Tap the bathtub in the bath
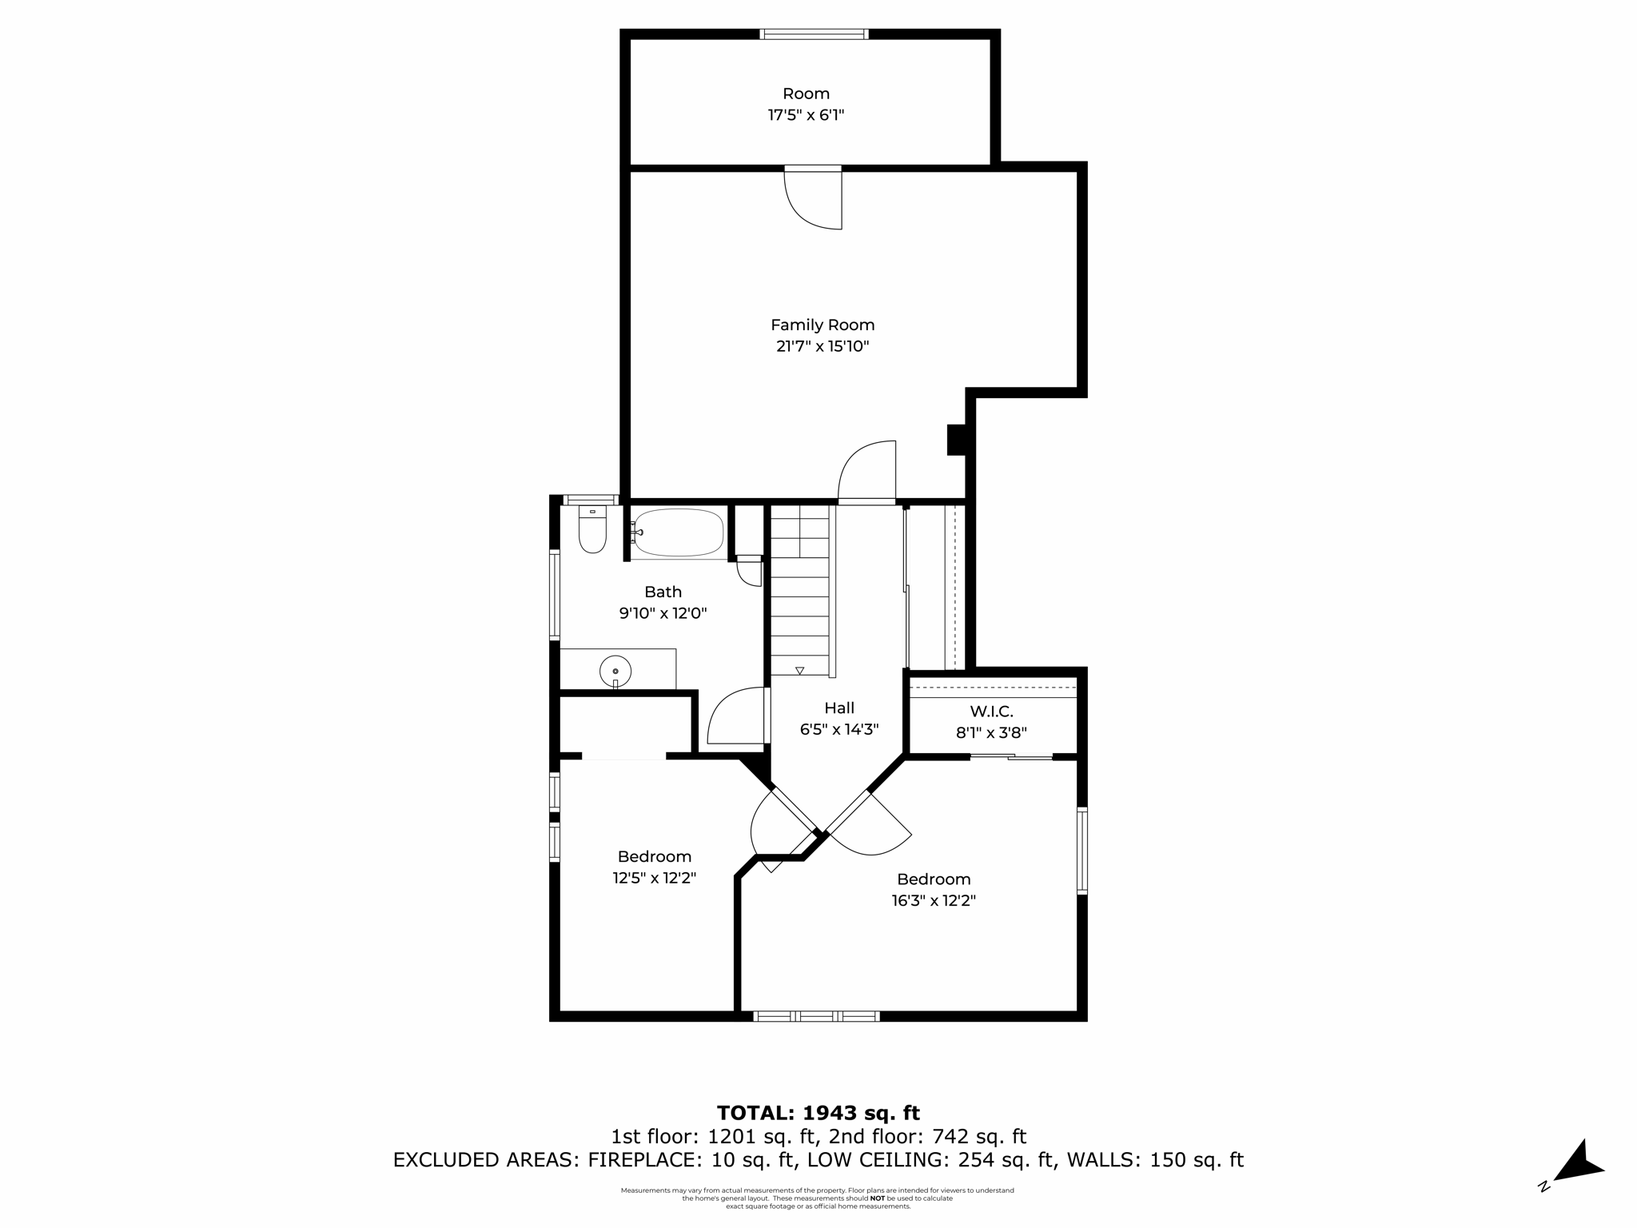point(679,532)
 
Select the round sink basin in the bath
point(615,670)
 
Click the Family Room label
point(822,325)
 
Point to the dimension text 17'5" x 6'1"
point(806,115)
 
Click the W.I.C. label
point(991,711)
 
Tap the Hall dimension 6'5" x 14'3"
point(839,729)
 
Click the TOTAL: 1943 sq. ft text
point(818,1113)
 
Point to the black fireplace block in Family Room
point(956,440)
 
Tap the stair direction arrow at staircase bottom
point(799,670)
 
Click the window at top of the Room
point(814,34)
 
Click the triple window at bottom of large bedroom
point(816,1016)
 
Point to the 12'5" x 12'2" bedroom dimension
point(655,878)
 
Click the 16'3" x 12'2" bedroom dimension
point(934,900)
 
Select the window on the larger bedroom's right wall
point(1082,850)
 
